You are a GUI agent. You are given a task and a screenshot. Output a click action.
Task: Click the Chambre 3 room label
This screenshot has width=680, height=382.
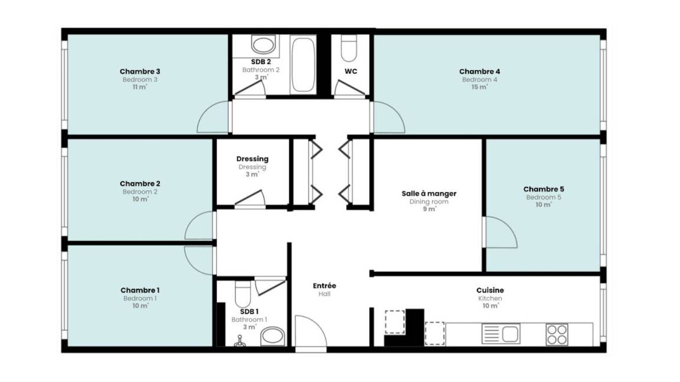click(140, 71)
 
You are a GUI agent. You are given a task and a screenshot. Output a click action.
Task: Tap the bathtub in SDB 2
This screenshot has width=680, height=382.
click(303, 64)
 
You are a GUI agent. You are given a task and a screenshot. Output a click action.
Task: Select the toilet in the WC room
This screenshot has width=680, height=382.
click(349, 48)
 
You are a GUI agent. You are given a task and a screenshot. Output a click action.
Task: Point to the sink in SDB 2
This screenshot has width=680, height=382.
click(263, 45)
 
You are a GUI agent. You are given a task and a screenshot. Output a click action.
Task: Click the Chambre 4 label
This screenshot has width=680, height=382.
click(480, 71)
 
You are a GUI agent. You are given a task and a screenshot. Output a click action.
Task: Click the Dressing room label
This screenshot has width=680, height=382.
click(253, 159)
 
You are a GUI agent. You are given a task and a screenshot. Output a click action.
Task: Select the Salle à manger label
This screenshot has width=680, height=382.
click(429, 193)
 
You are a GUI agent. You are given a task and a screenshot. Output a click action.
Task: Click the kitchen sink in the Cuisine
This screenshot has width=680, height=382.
click(501, 334)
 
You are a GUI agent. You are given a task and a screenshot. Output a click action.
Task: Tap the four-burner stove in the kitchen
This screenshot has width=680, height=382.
click(557, 334)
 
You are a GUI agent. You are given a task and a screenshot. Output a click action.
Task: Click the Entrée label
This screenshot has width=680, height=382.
click(325, 286)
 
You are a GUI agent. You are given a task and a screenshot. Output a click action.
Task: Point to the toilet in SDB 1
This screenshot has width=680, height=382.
click(243, 294)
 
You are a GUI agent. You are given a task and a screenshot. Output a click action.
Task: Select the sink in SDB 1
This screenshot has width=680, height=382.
click(272, 336)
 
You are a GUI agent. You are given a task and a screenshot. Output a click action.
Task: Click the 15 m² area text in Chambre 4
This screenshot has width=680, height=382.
click(480, 87)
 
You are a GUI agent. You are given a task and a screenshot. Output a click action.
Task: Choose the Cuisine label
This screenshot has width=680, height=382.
click(490, 290)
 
